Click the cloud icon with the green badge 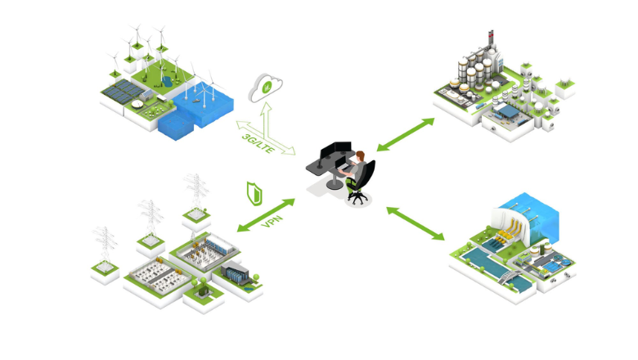(265, 88)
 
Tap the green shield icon (254, 194)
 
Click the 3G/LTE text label (258, 143)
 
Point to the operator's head (360, 156)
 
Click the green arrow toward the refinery (405, 135)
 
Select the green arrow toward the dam (416, 223)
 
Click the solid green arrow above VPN (266, 215)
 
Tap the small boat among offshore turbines (195, 100)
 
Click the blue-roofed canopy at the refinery (508, 110)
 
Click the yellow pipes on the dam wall (509, 231)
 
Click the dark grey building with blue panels (236, 272)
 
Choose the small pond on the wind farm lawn (166, 82)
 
